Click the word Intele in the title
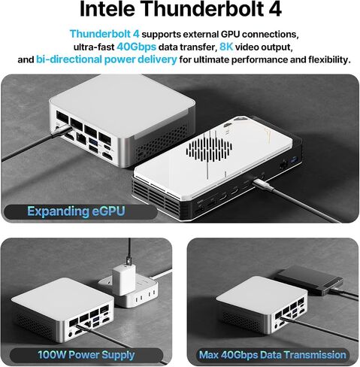(107, 9)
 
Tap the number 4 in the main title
(275, 9)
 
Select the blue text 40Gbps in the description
(136, 47)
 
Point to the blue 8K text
(226, 47)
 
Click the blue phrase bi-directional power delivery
(107, 59)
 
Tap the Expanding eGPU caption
(76, 211)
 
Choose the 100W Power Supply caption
(86, 355)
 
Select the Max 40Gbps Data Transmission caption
(272, 355)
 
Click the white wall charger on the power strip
(124, 279)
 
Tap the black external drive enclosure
(310, 281)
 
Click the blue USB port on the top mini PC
(94, 142)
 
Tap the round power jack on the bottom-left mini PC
(71, 334)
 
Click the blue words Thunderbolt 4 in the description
(104, 34)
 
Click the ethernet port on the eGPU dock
(283, 165)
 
